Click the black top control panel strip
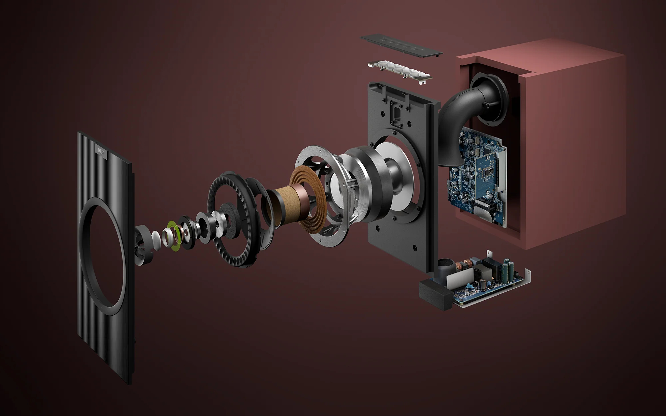401,45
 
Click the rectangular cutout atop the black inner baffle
396,113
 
